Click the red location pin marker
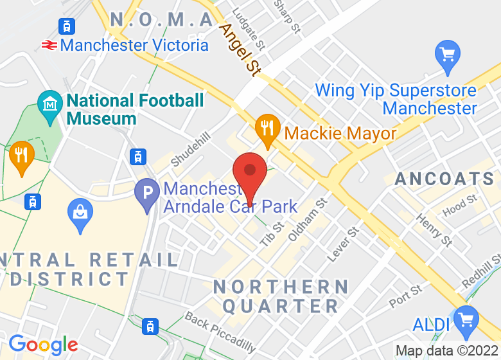pyautogui.click(x=249, y=172)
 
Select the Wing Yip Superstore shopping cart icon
pyautogui.click(x=447, y=55)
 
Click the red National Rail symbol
pyautogui.click(x=49, y=45)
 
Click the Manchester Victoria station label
pyautogui.click(x=134, y=45)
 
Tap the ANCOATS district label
pyautogui.click(x=444, y=179)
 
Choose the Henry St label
pyautogui.click(x=434, y=230)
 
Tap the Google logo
pyautogui.click(x=43, y=345)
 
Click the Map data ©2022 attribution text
pyautogui.click(x=446, y=351)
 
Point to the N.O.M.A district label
pyautogui.click(x=162, y=20)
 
